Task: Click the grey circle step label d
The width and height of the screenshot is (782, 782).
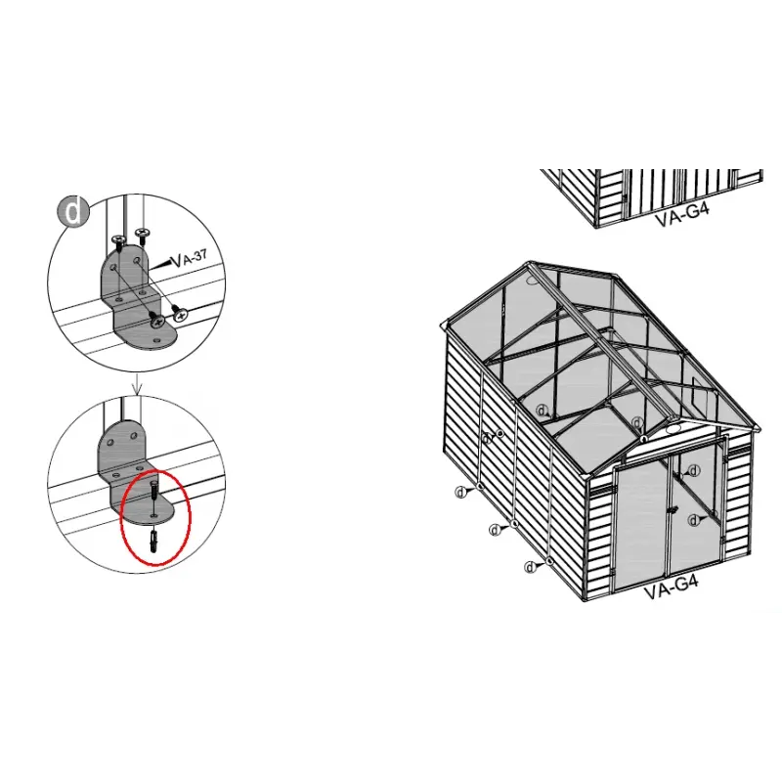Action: (x=74, y=211)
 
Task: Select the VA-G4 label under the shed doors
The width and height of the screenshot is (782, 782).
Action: (x=670, y=590)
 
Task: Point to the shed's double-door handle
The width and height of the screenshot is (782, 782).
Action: (x=673, y=510)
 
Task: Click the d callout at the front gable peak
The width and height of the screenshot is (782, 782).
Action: (x=638, y=422)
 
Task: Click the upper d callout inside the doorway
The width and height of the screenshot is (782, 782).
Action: (x=693, y=471)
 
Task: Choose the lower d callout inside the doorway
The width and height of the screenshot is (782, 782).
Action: (x=693, y=519)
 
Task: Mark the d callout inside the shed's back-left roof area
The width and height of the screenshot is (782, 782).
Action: (x=542, y=412)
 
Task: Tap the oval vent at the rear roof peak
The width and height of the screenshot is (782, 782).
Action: (x=531, y=278)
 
